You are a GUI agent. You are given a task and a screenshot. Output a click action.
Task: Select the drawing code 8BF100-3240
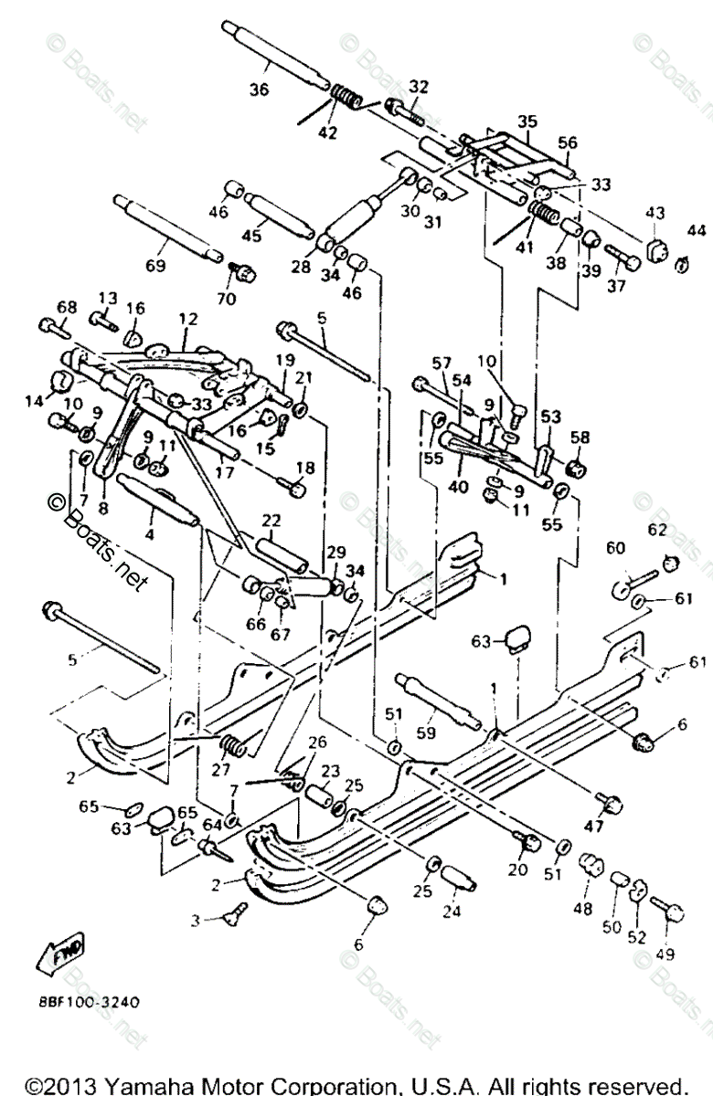[90, 1001]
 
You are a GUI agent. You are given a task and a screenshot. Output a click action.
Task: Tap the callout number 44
[697, 228]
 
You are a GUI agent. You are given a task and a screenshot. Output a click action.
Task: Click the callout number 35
[527, 121]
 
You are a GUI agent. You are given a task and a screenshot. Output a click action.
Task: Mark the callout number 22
[271, 520]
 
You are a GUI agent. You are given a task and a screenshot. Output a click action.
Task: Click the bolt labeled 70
[241, 270]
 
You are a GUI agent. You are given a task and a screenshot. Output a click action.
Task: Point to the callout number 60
[614, 549]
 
